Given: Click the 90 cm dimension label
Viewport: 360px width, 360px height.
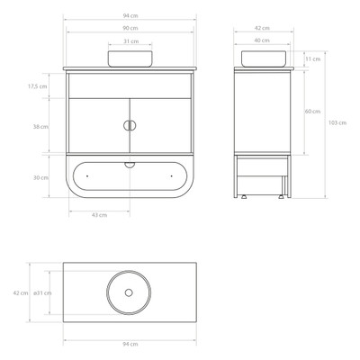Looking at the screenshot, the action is click(x=130, y=28).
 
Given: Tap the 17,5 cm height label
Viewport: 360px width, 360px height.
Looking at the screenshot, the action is click(x=38, y=86).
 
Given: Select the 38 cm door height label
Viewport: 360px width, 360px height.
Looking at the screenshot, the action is click(x=40, y=127).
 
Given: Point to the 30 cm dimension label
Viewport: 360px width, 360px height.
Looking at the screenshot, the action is click(x=40, y=177).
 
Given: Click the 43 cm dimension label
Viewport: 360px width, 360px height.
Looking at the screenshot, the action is click(x=99, y=215).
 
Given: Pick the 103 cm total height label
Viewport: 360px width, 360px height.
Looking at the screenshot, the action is click(x=337, y=122).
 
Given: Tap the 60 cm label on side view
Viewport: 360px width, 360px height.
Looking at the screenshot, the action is click(x=312, y=112).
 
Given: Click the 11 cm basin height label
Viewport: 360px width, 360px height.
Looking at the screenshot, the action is click(x=313, y=58).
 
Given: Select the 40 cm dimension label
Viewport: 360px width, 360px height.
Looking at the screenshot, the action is click(x=262, y=40).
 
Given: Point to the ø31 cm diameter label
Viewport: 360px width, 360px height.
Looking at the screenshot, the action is click(x=42, y=292).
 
